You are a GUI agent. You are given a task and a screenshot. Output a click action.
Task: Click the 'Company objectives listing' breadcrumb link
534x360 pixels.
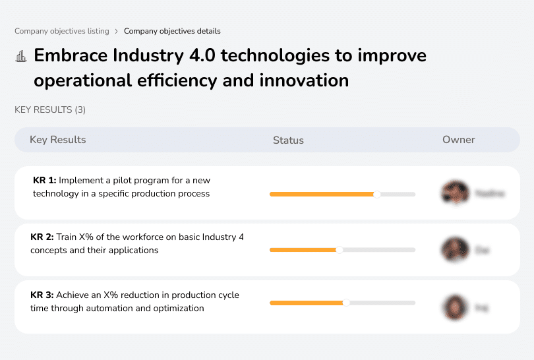[62, 31]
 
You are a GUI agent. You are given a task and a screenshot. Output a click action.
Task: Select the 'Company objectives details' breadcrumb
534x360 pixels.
[172, 31]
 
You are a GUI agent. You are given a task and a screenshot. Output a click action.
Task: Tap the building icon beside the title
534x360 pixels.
[21, 56]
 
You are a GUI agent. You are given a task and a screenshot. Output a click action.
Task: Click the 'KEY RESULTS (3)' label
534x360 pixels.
[50, 109]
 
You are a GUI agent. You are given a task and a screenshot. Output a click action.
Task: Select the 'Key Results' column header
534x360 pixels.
[57, 140]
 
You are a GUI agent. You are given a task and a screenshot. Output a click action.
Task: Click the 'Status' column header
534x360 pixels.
[288, 140]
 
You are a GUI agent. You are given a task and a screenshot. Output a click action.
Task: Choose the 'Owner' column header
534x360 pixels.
[459, 140]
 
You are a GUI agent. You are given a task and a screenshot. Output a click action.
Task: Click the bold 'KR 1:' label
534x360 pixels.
[44, 180]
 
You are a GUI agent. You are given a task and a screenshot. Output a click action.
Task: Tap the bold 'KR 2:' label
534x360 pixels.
[42, 237]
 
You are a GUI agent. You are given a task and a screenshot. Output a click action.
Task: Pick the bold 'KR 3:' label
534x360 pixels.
[42, 295]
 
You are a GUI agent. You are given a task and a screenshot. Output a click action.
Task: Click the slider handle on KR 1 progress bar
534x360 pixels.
[377, 194]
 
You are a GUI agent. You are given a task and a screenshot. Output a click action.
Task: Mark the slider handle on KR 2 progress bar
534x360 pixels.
[340, 250]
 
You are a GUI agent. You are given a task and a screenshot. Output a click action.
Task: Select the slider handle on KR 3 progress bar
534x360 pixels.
[346, 303]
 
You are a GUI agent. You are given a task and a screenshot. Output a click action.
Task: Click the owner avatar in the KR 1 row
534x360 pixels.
[454, 193]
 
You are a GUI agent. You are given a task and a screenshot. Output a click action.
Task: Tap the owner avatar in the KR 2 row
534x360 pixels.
[454, 250]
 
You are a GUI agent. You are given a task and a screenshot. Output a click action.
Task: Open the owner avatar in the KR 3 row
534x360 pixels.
[454, 307]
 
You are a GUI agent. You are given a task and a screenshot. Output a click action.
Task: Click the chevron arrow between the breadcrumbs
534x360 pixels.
[117, 31]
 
